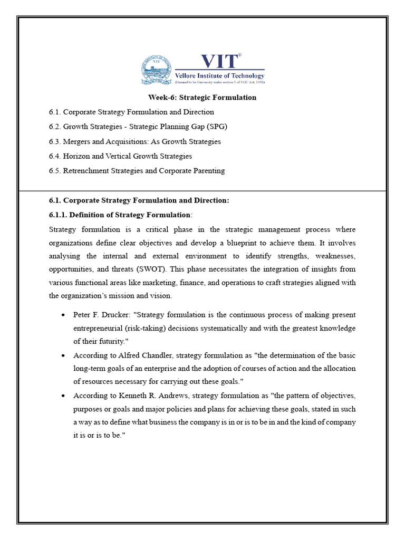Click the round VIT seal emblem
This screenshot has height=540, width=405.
pos(156,70)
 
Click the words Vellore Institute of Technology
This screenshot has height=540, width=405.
pos(219,76)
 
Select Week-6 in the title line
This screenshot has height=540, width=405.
pos(160,98)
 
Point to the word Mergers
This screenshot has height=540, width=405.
pos(76,141)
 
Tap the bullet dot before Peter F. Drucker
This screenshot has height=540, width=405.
pos(63,315)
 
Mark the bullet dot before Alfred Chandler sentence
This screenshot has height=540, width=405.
pos(63,355)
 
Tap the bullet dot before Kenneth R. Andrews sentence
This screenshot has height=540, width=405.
pos(63,395)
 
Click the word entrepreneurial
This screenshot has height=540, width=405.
pos(101,328)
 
